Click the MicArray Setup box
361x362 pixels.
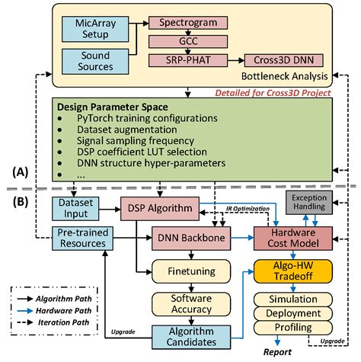(x=95, y=29)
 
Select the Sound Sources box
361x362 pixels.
(x=95, y=62)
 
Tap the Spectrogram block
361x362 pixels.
(x=188, y=23)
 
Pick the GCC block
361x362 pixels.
(x=188, y=41)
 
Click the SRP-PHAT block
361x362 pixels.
(x=188, y=60)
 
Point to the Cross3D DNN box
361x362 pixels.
(x=284, y=60)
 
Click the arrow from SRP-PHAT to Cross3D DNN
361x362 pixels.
(x=236, y=60)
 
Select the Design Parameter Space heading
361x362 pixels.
(x=113, y=107)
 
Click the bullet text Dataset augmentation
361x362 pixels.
(x=127, y=130)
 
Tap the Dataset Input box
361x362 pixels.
(x=75, y=208)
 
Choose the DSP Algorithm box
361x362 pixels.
(x=160, y=208)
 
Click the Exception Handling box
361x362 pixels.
(x=309, y=203)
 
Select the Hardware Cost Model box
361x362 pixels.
(x=293, y=239)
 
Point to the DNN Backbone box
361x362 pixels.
(x=191, y=239)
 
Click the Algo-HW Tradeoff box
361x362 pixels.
(x=293, y=271)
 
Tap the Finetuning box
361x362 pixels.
(x=191, y=271)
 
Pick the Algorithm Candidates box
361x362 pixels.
(x=191, y=337)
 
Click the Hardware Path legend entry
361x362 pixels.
(x=54, y=311)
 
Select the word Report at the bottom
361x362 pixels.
(x=277, y=352)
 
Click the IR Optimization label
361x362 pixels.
(x=248, y=209)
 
